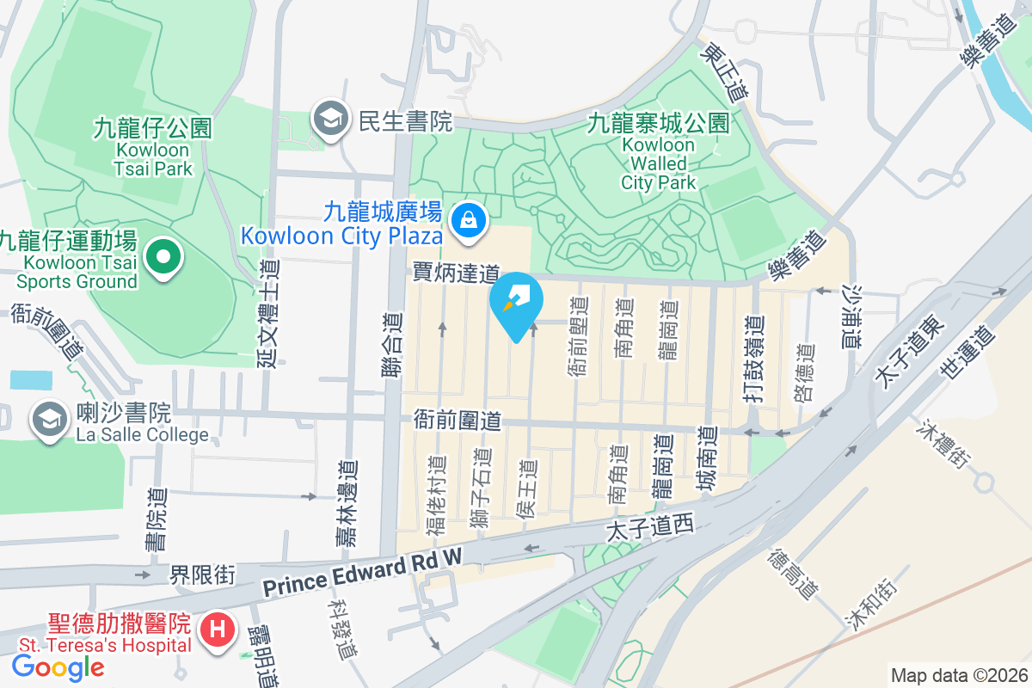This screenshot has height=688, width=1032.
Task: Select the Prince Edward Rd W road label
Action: point(362,575)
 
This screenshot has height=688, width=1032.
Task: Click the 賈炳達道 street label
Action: point(456,273)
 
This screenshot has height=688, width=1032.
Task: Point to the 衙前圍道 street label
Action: point(457,421)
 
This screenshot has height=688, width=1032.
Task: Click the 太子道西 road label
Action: point(649,525)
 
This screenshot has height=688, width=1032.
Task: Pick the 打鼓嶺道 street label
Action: point(755,356)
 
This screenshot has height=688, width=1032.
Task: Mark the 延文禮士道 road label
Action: point(268,315)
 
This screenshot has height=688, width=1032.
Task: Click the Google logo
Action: point(58,667)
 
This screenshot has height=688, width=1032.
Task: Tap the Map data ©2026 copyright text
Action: point(958,675)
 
